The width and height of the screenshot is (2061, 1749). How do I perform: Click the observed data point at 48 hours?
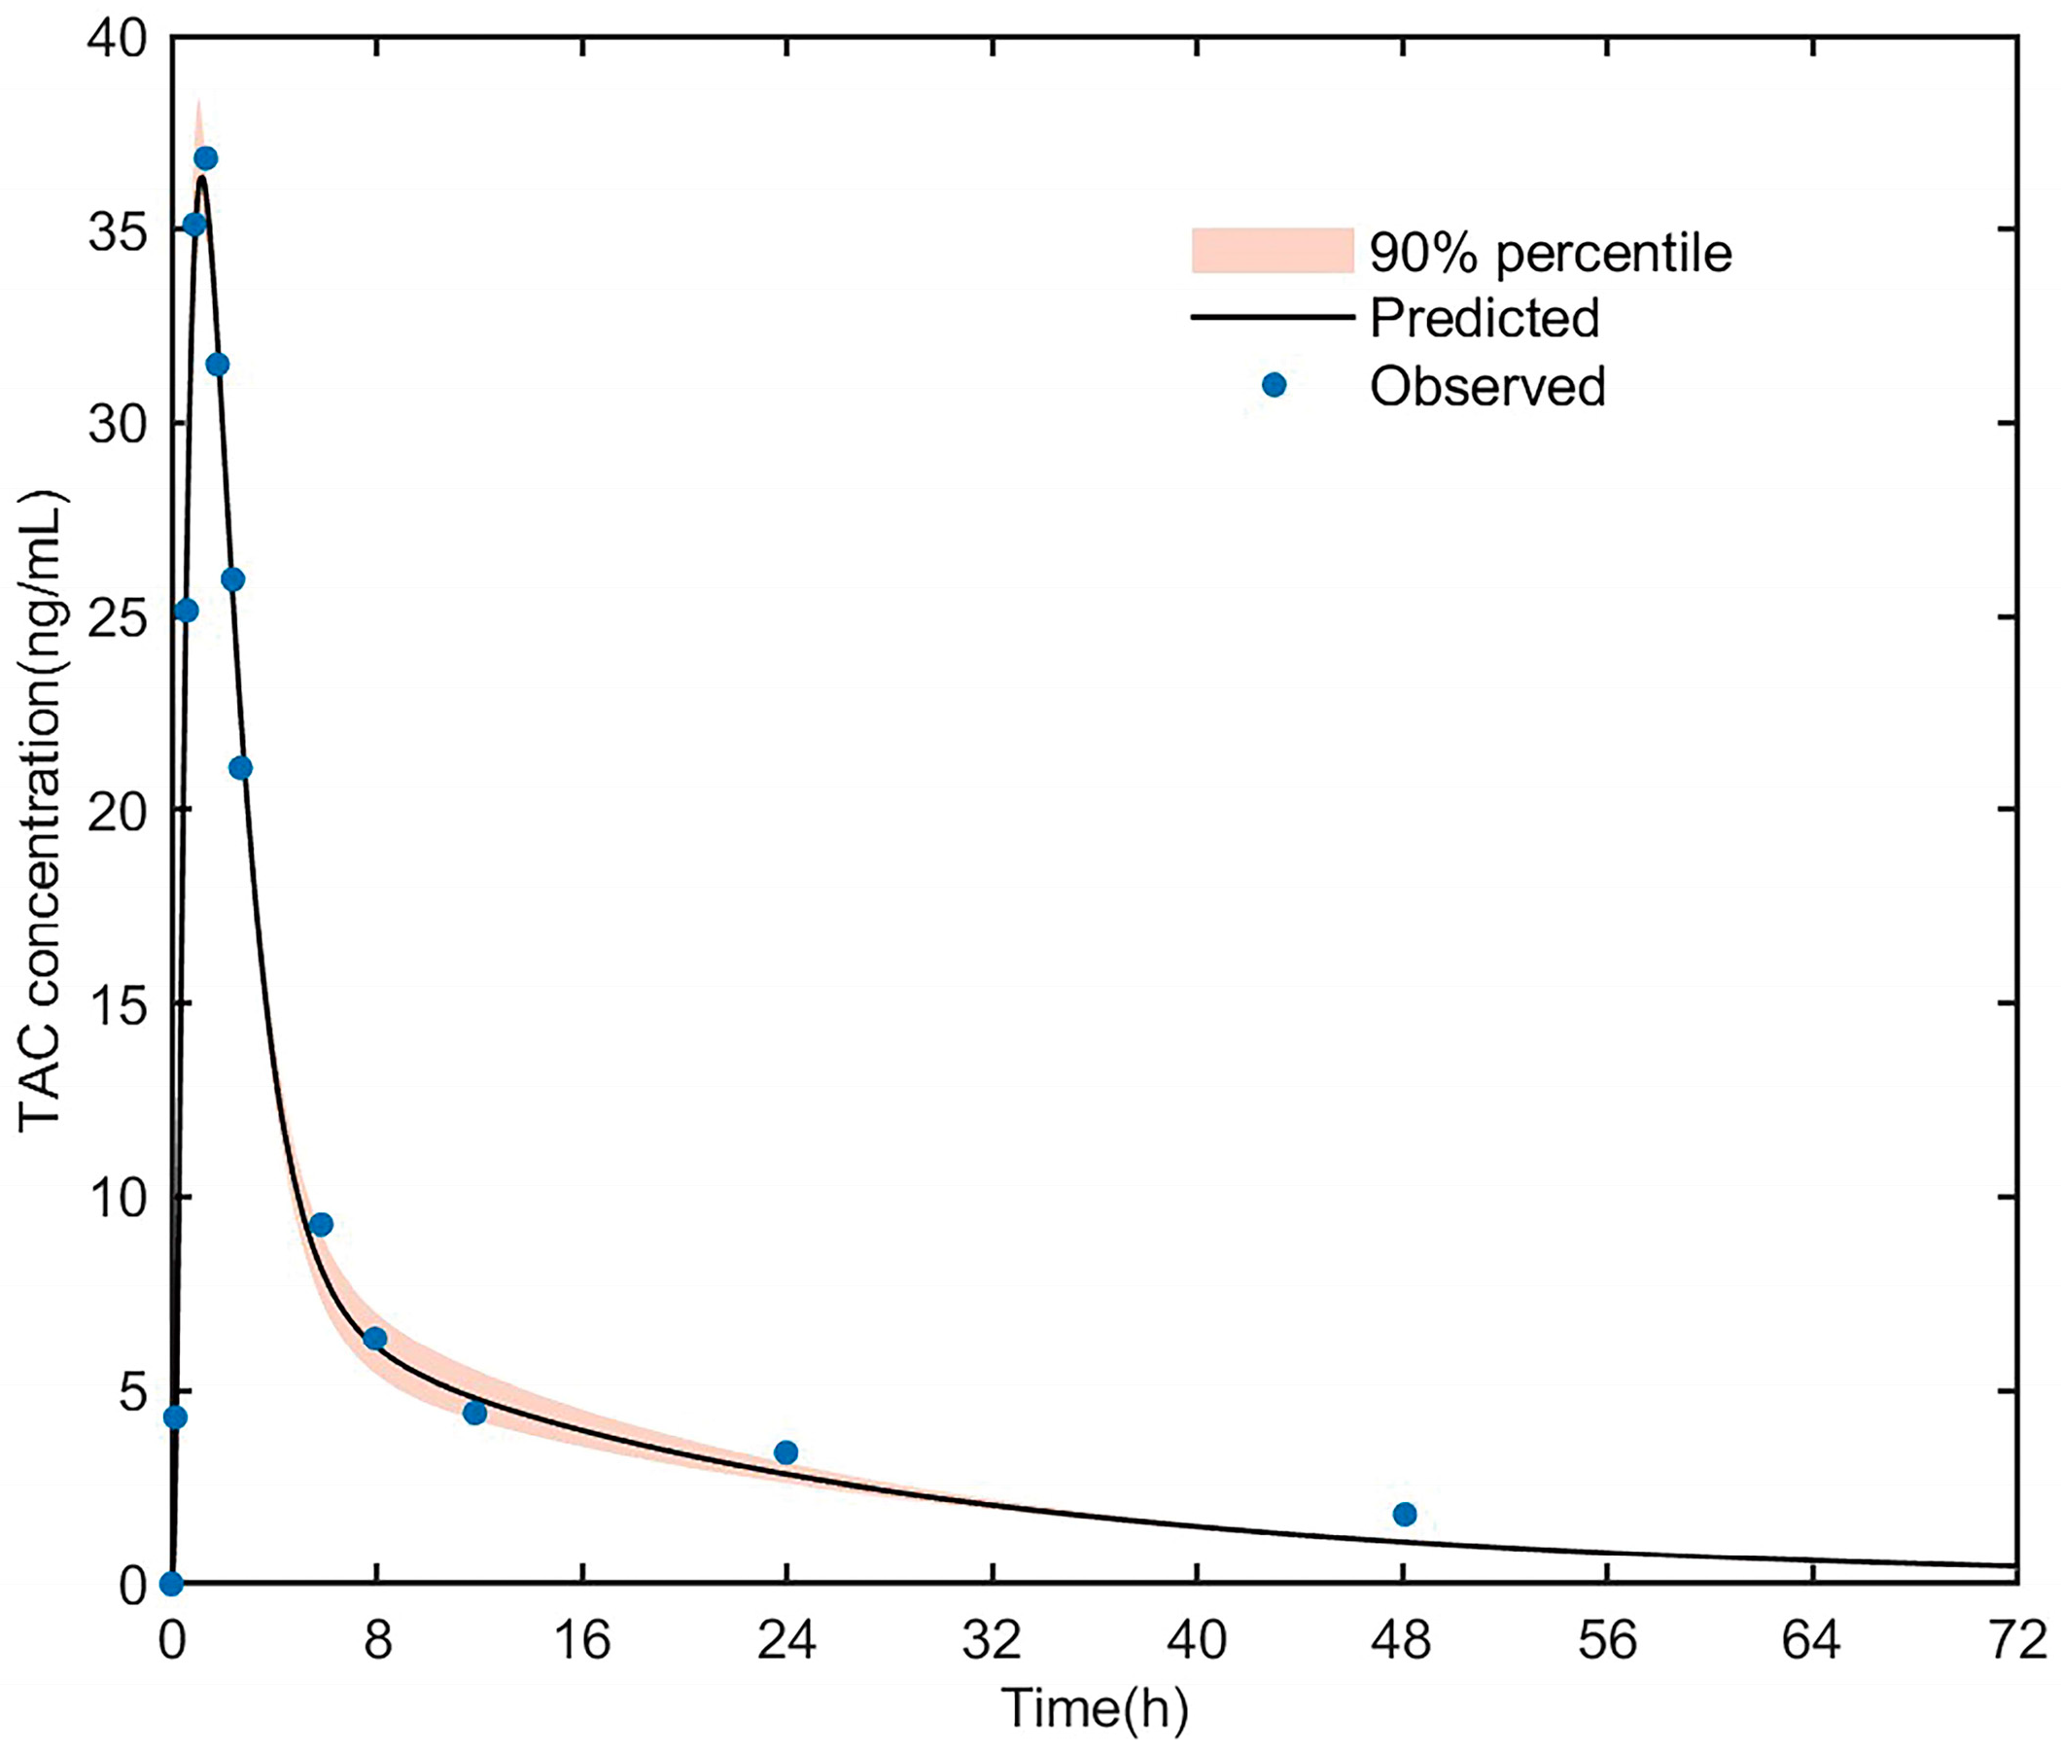pos(1404,1514)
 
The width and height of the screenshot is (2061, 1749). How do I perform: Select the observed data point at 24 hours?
pos(786,1452)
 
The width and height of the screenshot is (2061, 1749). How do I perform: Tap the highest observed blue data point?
pos(206,158)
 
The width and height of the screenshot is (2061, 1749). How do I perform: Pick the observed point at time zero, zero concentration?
pos(171,1584)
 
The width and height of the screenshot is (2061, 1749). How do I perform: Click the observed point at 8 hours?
pos(374,1339)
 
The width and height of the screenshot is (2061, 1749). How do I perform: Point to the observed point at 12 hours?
pos(474,1413)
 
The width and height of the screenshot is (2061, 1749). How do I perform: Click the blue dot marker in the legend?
pos(1274,386)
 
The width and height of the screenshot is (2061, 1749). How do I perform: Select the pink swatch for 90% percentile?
pos(1272,251)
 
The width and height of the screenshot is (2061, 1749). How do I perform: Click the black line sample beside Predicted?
pos(1272,318)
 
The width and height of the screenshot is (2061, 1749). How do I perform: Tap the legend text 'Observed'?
pos(1487,387)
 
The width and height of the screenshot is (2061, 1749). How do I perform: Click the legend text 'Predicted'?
pos(1485,318)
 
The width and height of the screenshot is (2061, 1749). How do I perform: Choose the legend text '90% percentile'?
pos(1551,254)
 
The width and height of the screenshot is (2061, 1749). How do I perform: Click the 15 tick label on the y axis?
pos(116,1004)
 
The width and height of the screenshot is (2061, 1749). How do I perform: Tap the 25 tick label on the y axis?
pos(116,617)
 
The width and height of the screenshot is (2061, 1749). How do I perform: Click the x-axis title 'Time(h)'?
pos(1095,1708)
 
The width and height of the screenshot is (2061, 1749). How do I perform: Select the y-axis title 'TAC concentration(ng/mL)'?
pos(42,809)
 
